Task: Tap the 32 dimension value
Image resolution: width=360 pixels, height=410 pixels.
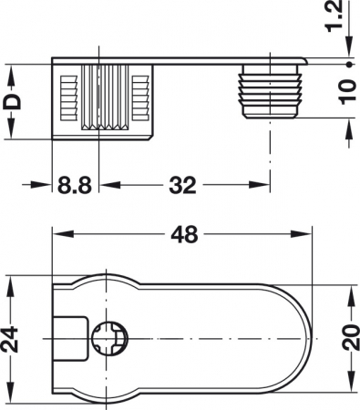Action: (x=181, y=187)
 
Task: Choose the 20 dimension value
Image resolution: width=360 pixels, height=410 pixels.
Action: (x=349, y=340)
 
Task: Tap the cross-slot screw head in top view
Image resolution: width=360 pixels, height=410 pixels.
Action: (x=108, y=340)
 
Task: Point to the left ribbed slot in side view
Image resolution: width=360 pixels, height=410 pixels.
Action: (x=66, y=95)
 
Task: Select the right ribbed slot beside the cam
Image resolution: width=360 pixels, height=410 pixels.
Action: (x=139, y=95)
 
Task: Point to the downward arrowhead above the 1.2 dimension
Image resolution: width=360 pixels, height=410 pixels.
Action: (x=348, y=55)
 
